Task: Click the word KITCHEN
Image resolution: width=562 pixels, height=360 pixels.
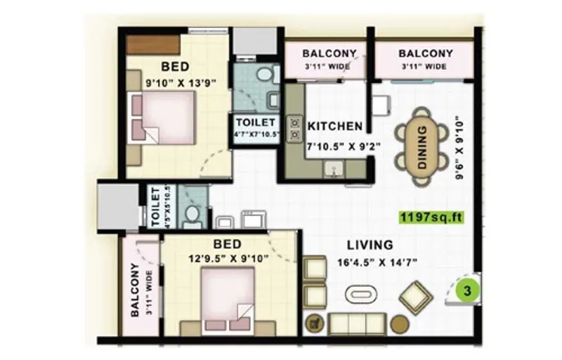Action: pyautogui.click(x=335, y=127)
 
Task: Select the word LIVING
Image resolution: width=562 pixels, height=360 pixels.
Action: pyautogui.click(x=370, y=245)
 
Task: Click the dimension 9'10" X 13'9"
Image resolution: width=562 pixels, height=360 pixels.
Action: pyautogui.click(x=180, y=82)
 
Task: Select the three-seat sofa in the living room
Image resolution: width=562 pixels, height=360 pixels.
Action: pyautogui.click(x=358, y=323)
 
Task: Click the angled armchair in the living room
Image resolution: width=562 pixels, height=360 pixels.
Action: pyautogui.click(x=416, y=297)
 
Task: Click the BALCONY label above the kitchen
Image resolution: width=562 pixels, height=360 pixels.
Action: pyautogui.click(x=329, y=54)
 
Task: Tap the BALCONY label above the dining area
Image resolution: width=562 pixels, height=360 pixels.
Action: pyautogui.click(x=425, y=54)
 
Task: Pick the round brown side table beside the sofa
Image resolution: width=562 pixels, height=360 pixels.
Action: pyautogui.click(x=399, y=324)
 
